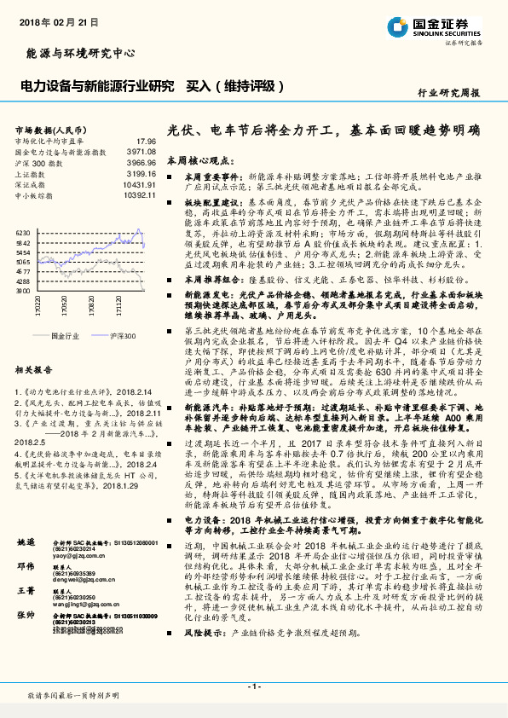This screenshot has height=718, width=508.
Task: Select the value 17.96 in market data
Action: [x=146, y=141]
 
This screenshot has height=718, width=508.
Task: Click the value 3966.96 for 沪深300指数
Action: [x=140, y=161]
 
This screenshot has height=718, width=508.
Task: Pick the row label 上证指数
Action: [x=32, y=172]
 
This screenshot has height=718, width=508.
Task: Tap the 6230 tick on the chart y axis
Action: [x=23, y=232]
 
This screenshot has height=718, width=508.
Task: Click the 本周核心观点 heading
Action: [x=199, y=160]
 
